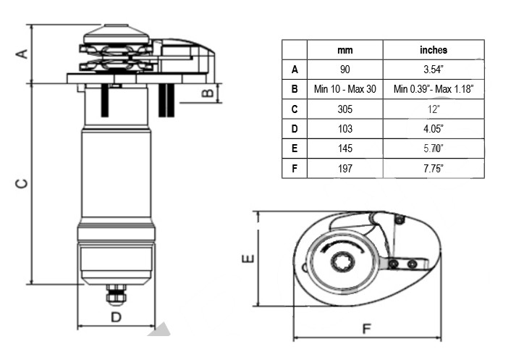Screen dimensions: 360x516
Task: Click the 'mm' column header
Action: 345,50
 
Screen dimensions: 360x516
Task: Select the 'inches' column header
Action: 433,50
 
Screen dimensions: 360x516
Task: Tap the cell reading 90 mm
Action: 345,70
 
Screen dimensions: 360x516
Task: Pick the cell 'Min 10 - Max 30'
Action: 345,89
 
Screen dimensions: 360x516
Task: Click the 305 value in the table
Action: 345,109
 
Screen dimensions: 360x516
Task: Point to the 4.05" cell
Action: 433,128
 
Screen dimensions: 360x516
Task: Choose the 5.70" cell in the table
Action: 433,148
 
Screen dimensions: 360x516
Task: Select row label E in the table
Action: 295,148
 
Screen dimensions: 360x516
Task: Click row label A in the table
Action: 295,70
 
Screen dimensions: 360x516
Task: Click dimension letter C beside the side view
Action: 22,184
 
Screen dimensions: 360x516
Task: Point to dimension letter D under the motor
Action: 115,317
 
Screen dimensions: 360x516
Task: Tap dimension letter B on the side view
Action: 206,92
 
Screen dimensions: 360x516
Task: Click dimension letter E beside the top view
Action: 248,259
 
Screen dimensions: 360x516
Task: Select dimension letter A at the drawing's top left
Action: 22,53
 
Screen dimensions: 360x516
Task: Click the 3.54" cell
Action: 433,70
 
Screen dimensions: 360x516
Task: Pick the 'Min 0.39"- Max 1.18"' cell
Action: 433,89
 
